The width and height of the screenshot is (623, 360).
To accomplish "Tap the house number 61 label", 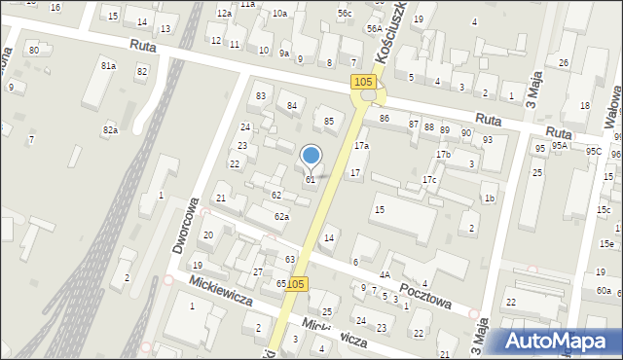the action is pyautogui.click(x=311, y=180).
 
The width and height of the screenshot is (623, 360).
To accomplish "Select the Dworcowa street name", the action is pyautogui.click(x=186, y=225).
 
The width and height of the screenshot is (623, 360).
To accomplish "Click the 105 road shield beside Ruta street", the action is pyautogui.click(x=363, y=83).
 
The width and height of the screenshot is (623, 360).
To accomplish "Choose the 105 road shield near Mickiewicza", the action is pyautogui.click(x=297, y=284).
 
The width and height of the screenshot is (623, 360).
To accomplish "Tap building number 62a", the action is pyautogui.click(x=281, y=216).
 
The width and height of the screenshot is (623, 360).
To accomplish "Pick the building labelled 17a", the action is pyautogui.click(x=361, y=145).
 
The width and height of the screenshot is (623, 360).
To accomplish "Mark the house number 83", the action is pyautogui.click(x=261, y=96).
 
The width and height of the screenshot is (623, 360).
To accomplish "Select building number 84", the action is pyautogui.click(x=291, y=105).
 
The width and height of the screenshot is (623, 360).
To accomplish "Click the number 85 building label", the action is pyautogui.click(x=329, y=121).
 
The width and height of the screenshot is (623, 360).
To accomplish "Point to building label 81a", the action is pyautogui.click(x=108, y=65).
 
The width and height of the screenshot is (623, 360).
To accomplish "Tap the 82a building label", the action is pyautogui.click(x=110, y=129).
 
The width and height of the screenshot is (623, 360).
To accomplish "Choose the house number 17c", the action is pyautogui.click(x=429, y=180).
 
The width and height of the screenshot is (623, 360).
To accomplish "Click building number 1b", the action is pyautogui.click(x=490, y=198).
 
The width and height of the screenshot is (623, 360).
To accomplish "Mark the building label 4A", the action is pyautogui.click(x=385, y=275).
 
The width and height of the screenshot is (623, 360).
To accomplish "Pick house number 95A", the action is pyautogui.click(x=560, y=145).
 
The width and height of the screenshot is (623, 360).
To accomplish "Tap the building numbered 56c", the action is pyautogui.click(x=345, y=13).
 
